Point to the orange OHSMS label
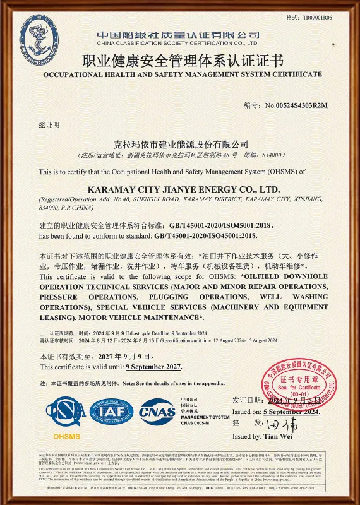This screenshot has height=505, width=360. click(66, 436)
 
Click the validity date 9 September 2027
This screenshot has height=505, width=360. click(153, 367)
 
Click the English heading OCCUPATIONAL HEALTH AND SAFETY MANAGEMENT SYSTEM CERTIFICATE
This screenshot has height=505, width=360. click(183, 74)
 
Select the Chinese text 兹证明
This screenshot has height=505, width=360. click(49, 125)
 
